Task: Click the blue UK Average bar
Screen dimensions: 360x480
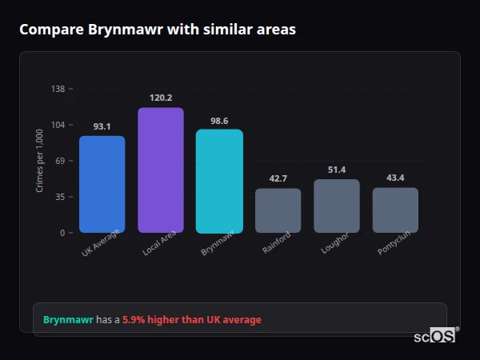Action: coord(102,184)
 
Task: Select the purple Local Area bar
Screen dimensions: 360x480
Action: coord(161,170)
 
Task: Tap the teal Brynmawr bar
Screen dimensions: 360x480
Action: coord(219,181)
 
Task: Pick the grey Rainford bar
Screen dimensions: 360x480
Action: coord(278,210)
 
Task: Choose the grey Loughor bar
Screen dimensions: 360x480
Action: coord(337,206)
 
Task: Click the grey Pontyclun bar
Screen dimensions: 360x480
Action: coord(395,210)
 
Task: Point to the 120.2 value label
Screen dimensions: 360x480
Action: coord(161,98)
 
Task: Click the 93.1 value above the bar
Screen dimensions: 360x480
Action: coord(102,126)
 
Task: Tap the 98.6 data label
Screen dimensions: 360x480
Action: coord(219,121)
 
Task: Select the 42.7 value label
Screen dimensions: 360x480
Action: coord(278,178)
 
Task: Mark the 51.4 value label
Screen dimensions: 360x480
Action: coord(337,170)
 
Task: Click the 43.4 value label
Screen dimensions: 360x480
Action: coord(395,178)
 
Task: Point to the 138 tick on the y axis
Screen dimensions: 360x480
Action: coord(58,89)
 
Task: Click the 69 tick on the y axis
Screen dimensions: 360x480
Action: coord(60,161)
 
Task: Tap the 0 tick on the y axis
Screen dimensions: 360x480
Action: coord(62,233)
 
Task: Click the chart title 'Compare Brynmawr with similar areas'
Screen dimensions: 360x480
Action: coord(158,30)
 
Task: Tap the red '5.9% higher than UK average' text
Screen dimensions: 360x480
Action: coord(191,320)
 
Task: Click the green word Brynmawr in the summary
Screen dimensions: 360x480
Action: coord(68,320)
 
